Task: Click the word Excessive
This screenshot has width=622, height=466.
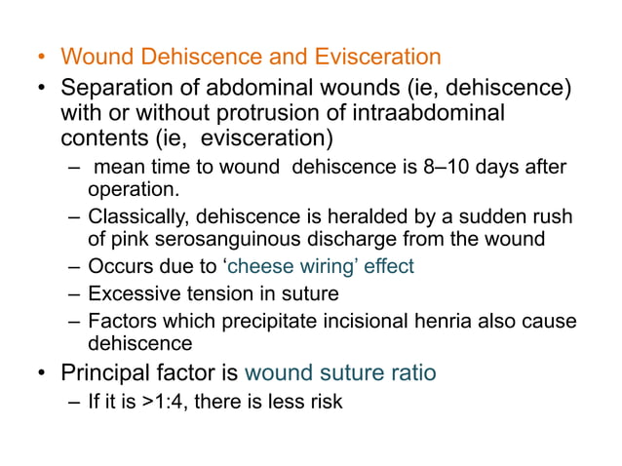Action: (130, 293)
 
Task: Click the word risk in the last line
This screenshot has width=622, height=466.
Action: (326, 400)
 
